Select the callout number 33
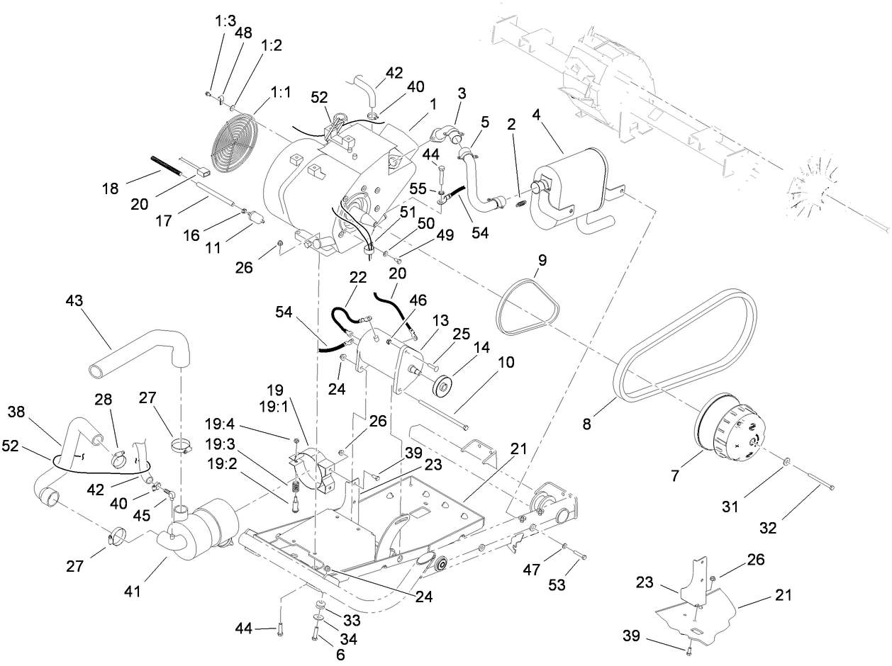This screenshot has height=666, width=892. [x=351, y=621]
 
